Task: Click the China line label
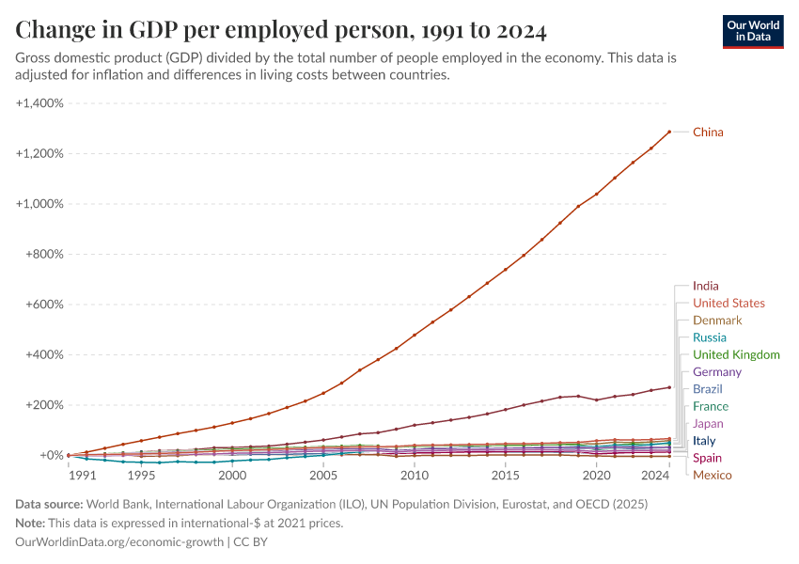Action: (708, 133)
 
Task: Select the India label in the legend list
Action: (706, 286)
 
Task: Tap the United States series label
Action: (728, 304)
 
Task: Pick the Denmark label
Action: (717, 321)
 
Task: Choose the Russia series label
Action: (709, 337)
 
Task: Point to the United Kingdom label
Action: (736, 355)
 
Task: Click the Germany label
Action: (717, 372)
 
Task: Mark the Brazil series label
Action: (708, 389)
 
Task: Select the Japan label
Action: (708, 424)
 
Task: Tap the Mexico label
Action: (712, 475)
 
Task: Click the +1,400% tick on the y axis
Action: (39, 103)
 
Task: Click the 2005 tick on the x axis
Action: (323, 476)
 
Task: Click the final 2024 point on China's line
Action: (668, 132)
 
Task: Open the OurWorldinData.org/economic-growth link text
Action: (120, 542)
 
